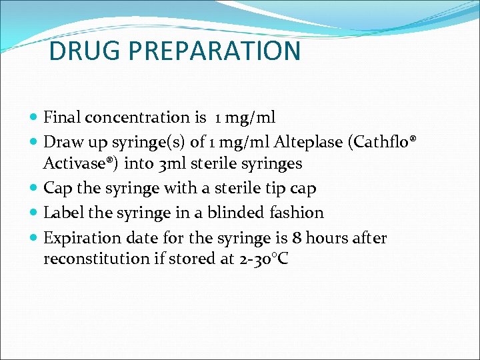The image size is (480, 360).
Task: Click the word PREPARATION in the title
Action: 217,51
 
